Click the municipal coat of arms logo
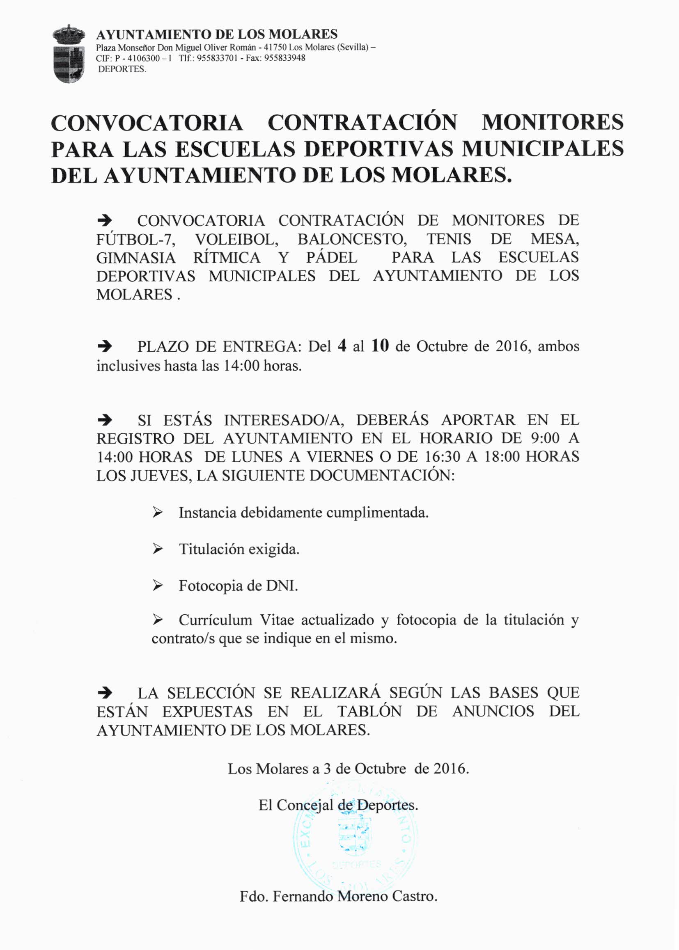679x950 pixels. point(69,53)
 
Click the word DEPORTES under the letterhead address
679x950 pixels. point(122,69)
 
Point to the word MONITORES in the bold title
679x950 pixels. point(552,122)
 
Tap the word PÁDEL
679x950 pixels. point(332,258)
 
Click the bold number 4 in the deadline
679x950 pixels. point(342,346)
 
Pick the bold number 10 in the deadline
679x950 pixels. point(380,346)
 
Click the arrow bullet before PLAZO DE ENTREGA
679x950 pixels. point(105,346)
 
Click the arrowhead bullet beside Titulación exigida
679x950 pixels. point(157,549)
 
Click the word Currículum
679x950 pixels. point(216,620)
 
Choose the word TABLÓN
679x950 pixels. point(369,712)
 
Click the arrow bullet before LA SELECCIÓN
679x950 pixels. point(105,694)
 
